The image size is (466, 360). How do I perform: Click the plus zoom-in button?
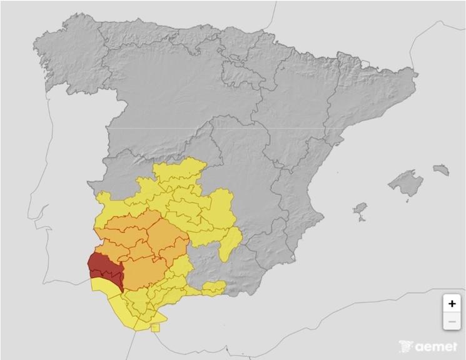(452, 304)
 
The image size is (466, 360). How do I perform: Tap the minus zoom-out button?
(452, 321)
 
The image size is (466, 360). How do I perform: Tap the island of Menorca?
(441, 169)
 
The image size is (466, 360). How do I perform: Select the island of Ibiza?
(360, 207)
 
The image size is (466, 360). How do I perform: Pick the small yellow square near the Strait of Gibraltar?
(155, 327)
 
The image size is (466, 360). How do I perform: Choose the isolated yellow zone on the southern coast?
(213, 288)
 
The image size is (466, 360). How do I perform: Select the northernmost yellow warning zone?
(181, 169)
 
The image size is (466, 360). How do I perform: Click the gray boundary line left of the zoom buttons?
(425, 300)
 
